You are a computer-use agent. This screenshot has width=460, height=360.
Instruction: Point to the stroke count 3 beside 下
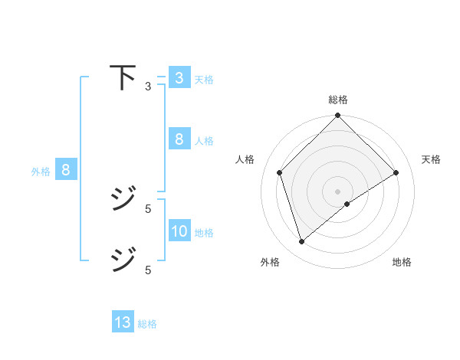(148, 87)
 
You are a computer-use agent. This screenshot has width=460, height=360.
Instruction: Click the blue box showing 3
(179, 77)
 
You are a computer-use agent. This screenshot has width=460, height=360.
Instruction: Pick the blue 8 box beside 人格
(179, 139)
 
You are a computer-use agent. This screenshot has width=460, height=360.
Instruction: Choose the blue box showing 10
(179, 231)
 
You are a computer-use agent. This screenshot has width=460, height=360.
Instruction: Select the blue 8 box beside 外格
(66, 170)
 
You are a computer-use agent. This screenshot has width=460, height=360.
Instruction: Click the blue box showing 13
(123, 322)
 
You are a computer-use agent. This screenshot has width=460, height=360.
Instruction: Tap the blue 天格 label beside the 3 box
(204, 79)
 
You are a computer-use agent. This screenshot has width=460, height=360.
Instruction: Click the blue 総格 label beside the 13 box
(147, 324)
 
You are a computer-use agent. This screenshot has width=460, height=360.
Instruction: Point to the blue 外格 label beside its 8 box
(41, 172)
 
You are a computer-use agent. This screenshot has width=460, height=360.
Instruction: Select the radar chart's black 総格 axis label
(338, 100)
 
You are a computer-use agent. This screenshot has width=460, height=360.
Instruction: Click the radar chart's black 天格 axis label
(432, 159)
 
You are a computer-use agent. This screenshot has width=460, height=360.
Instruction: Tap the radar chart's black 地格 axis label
(402, 262)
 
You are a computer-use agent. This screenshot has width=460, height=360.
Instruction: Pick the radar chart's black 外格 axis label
(270, 262)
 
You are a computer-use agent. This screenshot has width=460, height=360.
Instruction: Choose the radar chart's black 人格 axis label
(245, 159)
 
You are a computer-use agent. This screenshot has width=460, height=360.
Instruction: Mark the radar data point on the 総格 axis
(338, 116)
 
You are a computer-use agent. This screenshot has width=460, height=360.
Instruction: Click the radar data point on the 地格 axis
(347, 204)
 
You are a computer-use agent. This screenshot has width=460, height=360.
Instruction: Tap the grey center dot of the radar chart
(338, 191)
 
